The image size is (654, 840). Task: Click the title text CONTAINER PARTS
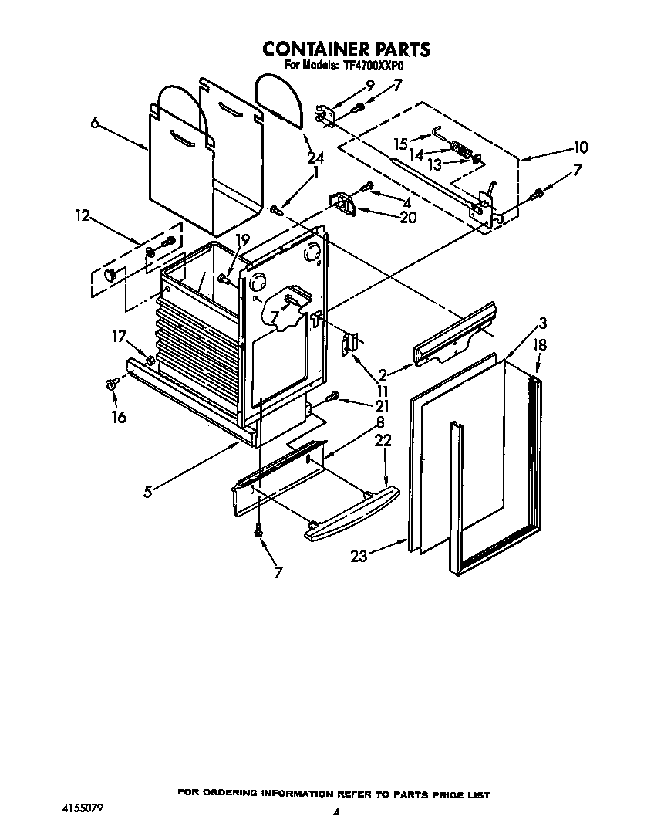coord(346,49)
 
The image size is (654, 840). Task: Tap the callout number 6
coord(96,122)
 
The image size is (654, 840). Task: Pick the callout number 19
coord(242,240)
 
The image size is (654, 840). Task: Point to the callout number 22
coord(383,440)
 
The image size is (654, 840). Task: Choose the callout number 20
coord(407,218)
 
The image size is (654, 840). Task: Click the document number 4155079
coord(81,808)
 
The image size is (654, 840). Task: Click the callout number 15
coord(401,143)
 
